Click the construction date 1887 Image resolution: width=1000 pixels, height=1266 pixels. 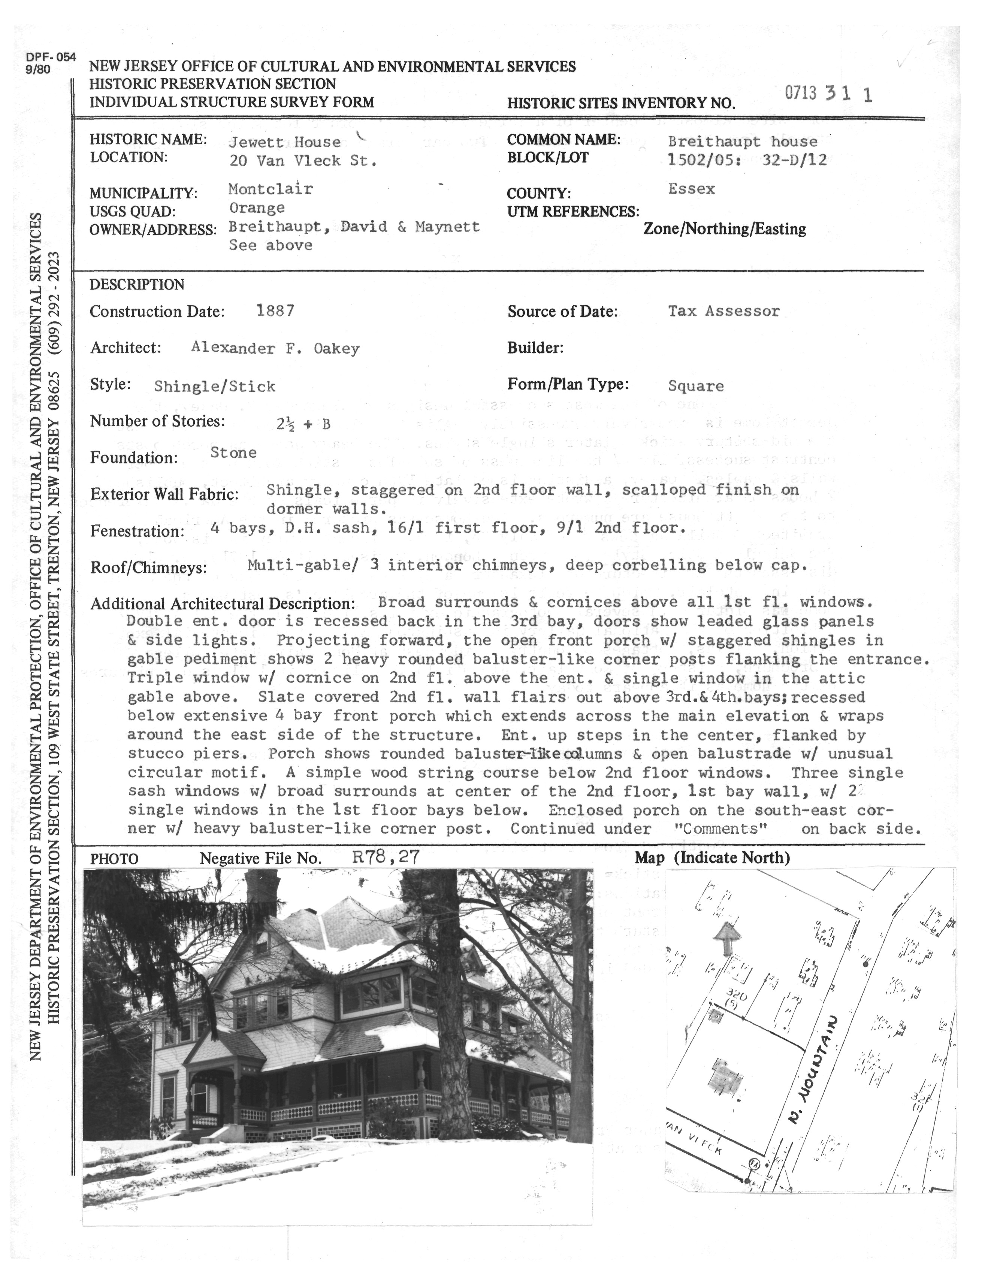(275, 310)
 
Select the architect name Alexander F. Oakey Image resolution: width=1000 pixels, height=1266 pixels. (275, 348)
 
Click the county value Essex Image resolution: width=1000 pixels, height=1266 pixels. (691, 189)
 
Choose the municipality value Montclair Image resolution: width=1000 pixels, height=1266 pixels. (271, 189)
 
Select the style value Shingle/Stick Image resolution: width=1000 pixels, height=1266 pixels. (214, 386)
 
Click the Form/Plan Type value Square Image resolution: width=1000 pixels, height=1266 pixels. (695, 386)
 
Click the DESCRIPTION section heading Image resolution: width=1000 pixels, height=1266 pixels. (137, 285)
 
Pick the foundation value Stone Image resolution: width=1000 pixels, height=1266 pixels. (233, 452)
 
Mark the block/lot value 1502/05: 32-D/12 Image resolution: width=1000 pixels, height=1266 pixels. (747, 160)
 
